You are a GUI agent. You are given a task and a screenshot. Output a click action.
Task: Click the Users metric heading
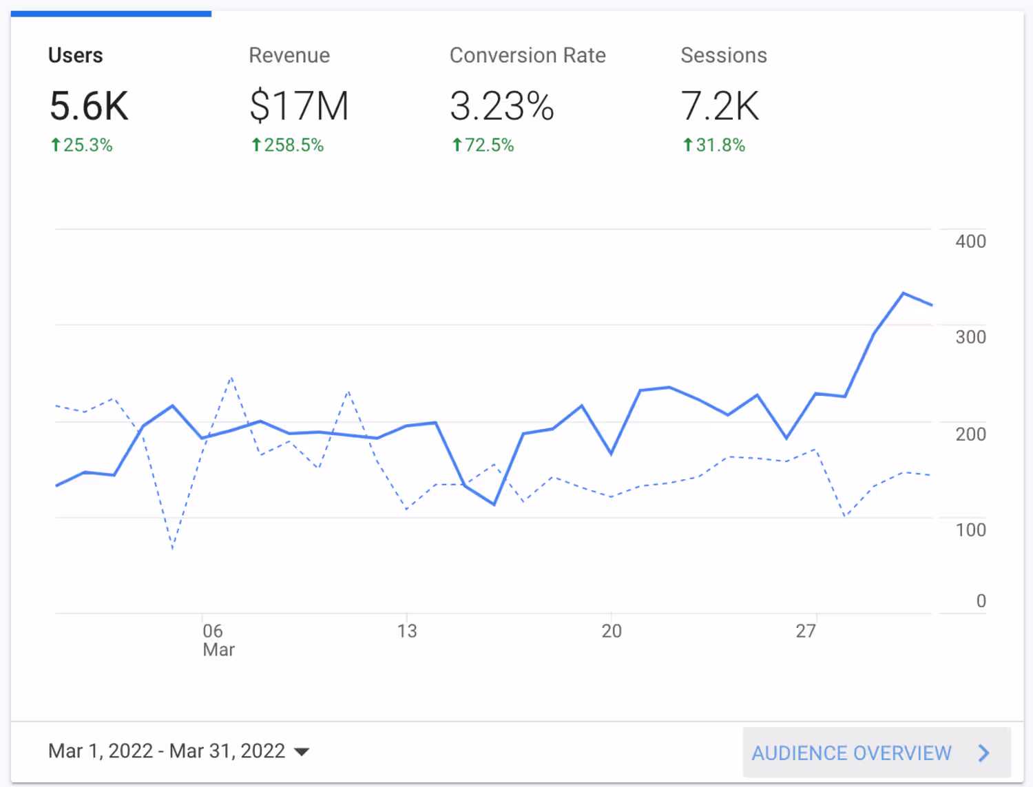click(x=76, y=55)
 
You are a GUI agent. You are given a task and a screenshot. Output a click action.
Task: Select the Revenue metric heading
click(x=289, y=55)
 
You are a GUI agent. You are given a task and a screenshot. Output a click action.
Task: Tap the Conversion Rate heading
click(x=528, y=55)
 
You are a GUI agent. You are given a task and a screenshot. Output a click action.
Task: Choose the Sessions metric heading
click(x=724, y=55)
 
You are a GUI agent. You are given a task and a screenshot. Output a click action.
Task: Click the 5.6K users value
click(x=89, y=106)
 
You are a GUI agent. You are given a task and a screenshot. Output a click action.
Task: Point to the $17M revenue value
click(x=299, y=106)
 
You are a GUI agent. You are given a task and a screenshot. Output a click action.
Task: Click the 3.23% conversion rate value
click(x=502, y=106)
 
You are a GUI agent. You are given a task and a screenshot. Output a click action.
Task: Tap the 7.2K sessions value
click(x=720, y=106)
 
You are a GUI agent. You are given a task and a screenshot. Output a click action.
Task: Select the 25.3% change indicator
click(x=81, y=145)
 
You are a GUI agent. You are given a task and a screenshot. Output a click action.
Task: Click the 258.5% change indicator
click(x=287, y=145)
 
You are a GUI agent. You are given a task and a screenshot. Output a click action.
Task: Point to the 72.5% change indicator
click(x=483, y=145)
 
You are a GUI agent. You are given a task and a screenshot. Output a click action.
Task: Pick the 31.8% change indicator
click(x=714, y=145)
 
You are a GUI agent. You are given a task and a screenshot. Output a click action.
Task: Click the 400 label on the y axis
click(x=970, y=242)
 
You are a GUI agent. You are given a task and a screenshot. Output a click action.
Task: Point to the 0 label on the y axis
click(x=981, y=601)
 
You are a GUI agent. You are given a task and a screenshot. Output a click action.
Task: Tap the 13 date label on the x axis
click(x=407, y=631)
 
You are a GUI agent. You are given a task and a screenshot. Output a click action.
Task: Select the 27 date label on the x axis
click(x=806, y=631)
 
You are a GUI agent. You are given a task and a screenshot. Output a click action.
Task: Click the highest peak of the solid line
click(x=904, y=293)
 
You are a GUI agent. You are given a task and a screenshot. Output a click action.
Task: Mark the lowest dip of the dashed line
click(x=172, y=549)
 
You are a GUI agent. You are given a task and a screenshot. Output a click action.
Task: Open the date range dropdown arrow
click(x=302, y=752)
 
